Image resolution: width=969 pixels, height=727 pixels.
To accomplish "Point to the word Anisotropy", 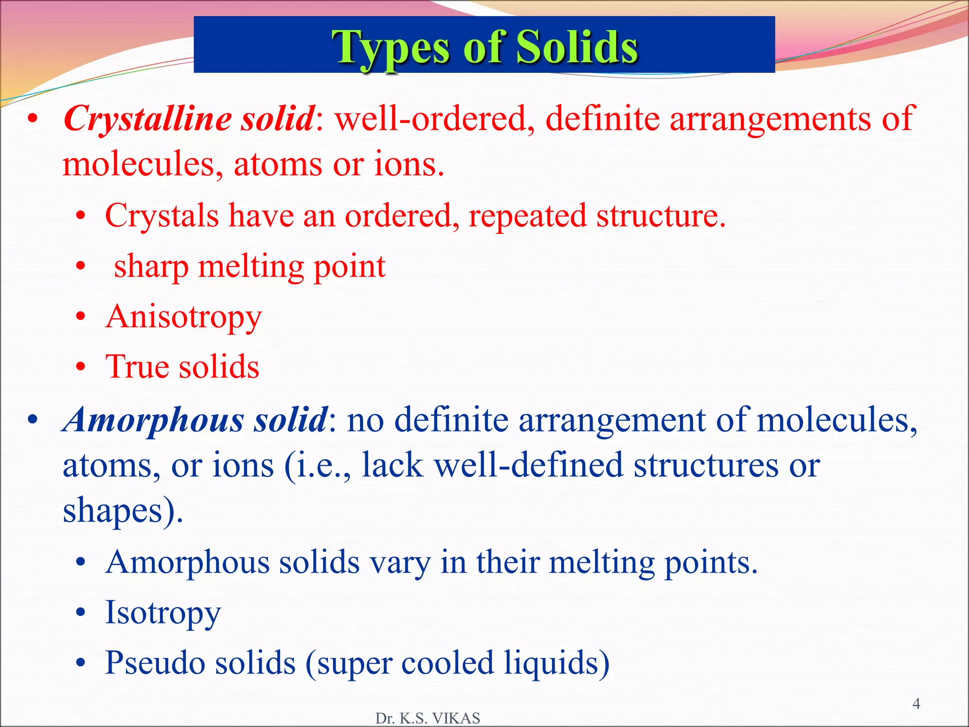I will (x=184, y=318).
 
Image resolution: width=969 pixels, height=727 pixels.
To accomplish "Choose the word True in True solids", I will (x=137, y=367).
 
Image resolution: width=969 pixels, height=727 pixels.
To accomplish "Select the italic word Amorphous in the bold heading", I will (x=153, y=421).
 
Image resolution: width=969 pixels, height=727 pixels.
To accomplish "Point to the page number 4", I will (x=916, y=704).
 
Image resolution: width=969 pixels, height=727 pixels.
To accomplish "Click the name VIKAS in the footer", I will (x=456, y=718).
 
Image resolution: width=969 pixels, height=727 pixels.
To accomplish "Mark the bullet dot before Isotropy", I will (x=81, y=612).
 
